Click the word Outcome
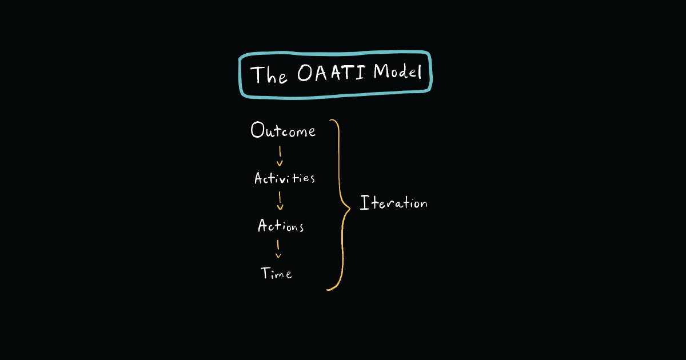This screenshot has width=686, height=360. point(283,130)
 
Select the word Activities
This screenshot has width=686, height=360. point(285,178)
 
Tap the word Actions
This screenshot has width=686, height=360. point(281,226)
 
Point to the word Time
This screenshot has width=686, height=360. point(276,273)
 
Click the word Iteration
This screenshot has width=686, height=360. point(393,203)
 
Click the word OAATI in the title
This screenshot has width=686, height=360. point(332,73)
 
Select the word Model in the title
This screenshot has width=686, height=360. point(398,72)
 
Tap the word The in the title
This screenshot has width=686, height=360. point(269,74)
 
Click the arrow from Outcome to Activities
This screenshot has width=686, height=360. point(280,156)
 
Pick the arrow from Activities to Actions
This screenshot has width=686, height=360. point(280,201)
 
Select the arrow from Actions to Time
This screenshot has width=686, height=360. point(278,249)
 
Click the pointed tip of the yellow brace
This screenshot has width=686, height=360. point(350,209)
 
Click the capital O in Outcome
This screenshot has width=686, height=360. point(257,130)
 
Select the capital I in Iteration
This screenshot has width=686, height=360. point(364,202)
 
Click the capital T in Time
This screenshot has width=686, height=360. point(266,273)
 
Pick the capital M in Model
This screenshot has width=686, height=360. point(381,71)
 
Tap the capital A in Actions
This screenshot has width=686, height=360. point(263,225)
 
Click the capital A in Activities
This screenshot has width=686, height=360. point(259,178)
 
